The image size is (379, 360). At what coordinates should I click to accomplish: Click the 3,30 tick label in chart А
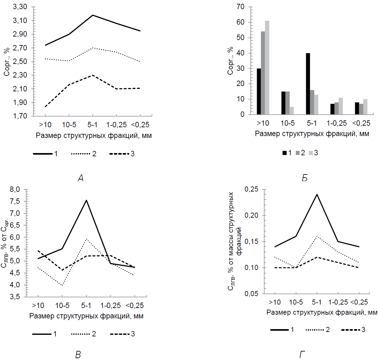point(20,7)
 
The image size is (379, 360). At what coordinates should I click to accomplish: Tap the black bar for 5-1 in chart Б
point(308,84)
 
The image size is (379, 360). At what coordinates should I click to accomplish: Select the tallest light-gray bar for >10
point(267,67)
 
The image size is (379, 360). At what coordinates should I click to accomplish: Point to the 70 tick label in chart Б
point(240,7)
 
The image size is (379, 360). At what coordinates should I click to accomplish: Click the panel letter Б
point(305,178)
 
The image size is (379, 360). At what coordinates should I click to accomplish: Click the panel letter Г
point(302,355)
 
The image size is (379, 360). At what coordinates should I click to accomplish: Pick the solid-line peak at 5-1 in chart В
point(86,200)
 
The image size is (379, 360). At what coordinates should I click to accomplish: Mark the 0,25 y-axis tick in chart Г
point(251,189)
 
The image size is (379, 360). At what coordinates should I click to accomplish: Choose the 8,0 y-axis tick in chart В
point(15,190)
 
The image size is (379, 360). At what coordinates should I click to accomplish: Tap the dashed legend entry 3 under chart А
point(122,154)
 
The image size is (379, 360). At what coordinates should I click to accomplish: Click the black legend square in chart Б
point(284,153)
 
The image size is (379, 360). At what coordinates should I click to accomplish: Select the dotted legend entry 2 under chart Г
point(318,330)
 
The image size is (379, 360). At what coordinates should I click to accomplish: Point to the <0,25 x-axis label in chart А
point(140,125)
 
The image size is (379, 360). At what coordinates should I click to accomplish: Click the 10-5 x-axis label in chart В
point(62,306)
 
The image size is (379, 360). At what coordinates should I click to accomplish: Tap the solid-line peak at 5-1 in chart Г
point(317,194)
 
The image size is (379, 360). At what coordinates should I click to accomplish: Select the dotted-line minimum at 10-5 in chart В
point(62,285)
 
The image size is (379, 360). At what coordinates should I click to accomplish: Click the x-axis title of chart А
point(94,136)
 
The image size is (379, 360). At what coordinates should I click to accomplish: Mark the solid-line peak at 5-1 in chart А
point(93,15)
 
